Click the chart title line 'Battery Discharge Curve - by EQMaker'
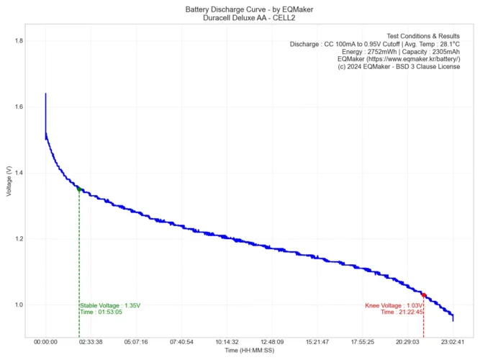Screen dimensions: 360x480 point(240,8)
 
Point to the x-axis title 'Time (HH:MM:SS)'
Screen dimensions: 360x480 point(249,350)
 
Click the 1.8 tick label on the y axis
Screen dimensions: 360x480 point(19,41)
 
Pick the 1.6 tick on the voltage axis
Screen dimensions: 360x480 point(19,107)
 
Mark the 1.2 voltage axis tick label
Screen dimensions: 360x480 point(19,239)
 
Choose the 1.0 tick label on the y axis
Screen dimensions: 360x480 point(19,305)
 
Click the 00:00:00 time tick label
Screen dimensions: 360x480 point(45,342)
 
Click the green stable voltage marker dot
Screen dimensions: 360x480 point(79,189)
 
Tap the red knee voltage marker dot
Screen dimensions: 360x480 point(424,295)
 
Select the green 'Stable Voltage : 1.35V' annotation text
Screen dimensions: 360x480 point(110,305)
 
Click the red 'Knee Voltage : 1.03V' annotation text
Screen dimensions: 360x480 point(394,305)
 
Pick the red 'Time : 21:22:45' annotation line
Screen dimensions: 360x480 point(402,312)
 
